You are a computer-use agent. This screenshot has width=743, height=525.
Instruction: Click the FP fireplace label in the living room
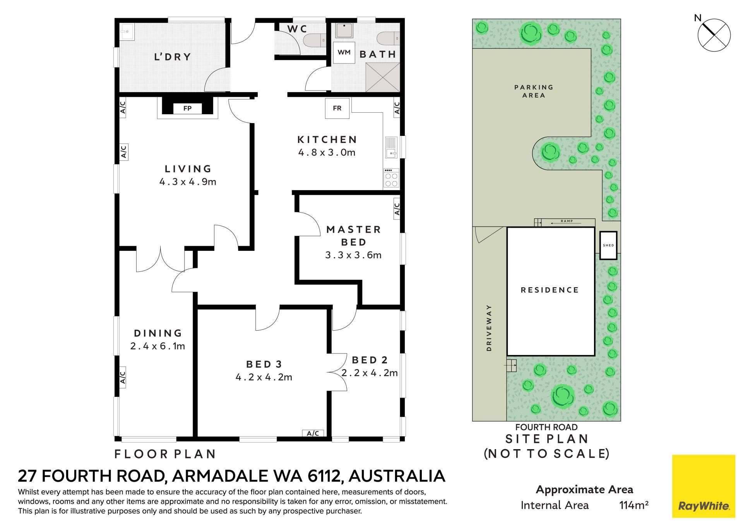coord(187,108)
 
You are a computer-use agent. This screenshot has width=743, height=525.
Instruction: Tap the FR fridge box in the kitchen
coord(337,108)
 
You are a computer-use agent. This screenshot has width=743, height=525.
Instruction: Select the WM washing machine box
coord(344,52)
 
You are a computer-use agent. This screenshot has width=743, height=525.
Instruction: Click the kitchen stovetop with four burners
coord(391,178)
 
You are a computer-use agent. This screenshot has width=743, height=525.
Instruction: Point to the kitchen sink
coord(392,148)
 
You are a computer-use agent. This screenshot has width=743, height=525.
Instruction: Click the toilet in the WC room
coord(314,40)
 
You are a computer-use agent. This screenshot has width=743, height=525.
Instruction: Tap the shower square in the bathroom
coord(382,77)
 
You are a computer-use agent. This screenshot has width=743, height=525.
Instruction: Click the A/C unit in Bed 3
coord(313,433)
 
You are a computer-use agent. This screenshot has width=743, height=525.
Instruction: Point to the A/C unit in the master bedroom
coord(397,209)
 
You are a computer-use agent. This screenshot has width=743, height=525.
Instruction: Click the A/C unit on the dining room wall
coord(123,377)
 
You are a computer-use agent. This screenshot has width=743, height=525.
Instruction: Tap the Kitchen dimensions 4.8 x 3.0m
coord(327,153)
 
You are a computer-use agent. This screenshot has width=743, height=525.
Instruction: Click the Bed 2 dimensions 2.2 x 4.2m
coord(370,373)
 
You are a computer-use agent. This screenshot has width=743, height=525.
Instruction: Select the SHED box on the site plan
coord(608,245)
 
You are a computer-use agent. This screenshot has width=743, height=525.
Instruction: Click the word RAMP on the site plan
coord(567,221)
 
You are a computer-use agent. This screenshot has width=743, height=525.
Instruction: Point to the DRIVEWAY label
coord(489,328)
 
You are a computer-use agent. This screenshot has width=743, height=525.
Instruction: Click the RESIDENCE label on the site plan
coord(550,290)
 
